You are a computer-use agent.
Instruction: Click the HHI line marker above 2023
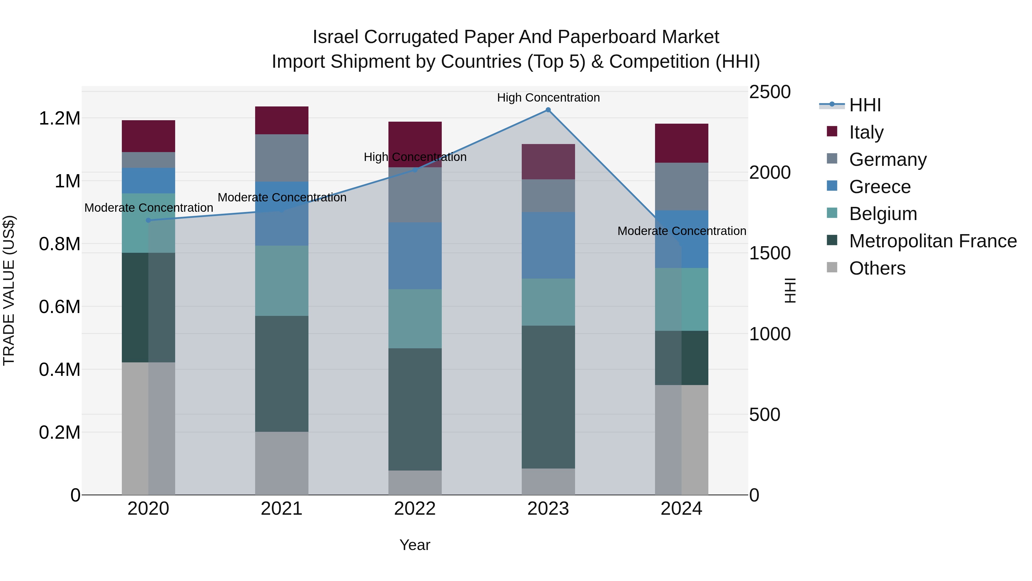click(x=548, y=110)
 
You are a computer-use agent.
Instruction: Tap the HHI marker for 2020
click(x=148, y=220)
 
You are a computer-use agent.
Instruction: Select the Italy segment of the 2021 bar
click(x=282, y=120)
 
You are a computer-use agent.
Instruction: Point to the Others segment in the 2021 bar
click(x=282, y=463)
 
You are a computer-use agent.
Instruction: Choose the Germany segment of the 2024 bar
click(x=681, y=186)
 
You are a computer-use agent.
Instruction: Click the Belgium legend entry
click(x=883, y=214)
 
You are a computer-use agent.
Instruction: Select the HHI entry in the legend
click(x=865, y=105)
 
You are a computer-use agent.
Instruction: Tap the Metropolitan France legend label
click(x=933, y=241)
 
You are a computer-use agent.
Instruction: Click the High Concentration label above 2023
click(x=548, y=98)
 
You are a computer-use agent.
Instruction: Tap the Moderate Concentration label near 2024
click(x=681, y=231)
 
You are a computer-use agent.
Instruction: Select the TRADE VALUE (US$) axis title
click(x=9, y=290)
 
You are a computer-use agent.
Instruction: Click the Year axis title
click(x=415, y=545)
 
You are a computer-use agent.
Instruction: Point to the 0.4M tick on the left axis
click(x=59, y=369)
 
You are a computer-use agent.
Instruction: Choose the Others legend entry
click(x=877, y=268)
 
